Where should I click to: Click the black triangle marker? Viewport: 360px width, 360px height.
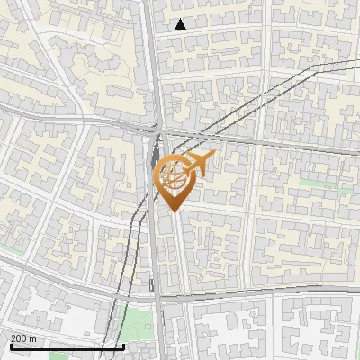point(181,24)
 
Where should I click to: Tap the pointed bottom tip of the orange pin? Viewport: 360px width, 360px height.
point(174,211)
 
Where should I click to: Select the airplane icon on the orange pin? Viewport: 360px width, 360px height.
point(199,163)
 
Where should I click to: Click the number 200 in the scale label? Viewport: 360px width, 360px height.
point(20,338)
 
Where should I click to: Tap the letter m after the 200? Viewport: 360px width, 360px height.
point(34,338)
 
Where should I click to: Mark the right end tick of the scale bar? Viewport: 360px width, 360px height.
point(122,345)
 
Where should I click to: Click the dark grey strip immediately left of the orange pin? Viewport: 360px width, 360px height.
point(150,180)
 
